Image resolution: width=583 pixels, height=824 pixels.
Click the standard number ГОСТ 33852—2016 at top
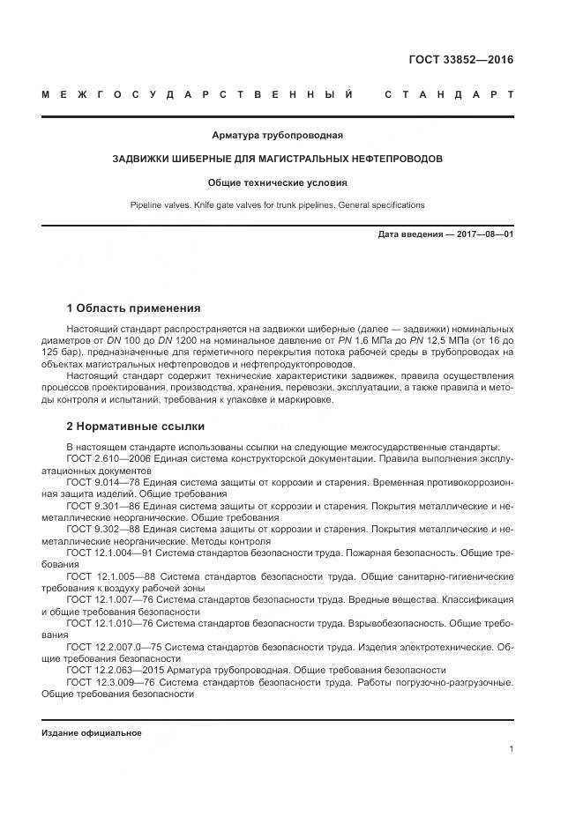coord(460,60)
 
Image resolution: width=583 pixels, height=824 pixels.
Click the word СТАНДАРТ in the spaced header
coord(448,93)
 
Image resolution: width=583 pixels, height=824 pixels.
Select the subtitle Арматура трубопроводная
coord(277,136)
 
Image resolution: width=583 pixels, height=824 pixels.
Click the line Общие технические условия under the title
coord(277,183)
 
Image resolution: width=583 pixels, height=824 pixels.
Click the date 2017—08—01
coord(484,235)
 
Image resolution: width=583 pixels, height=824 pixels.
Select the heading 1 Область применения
coord(133,308)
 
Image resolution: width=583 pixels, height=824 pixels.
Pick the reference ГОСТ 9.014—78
coord(100,484)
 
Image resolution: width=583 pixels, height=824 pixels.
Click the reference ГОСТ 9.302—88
coord(100,530)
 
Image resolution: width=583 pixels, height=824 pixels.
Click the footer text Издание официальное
coord(91,733)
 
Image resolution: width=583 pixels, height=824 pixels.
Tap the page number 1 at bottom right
coord(511,749)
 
